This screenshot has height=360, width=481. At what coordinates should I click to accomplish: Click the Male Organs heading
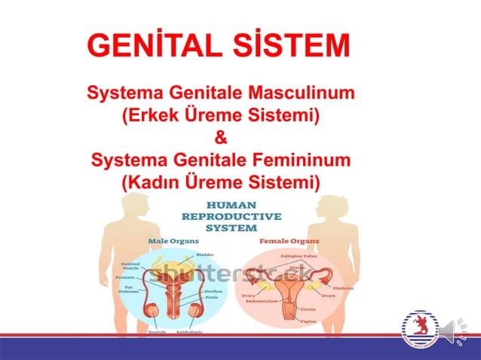[x=173, y=241]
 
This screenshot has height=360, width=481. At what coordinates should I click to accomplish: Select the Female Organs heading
[x=289, y=241]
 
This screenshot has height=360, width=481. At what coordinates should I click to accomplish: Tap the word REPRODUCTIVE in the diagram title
[x=231, y=217]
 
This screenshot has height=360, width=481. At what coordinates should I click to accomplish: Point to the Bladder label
[x=205, y=255]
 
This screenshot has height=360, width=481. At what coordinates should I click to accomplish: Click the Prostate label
[x=125, y=278]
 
